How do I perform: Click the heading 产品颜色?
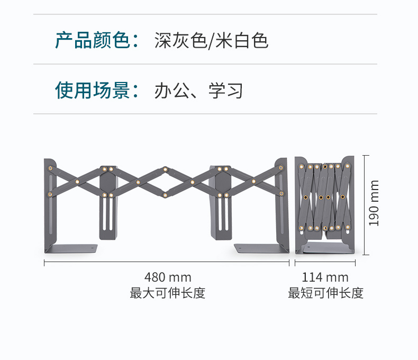(x=93, y=40)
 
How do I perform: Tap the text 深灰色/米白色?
(x=212, y=41)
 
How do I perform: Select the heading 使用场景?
(x=93, y=90)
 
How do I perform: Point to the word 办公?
(x=172, y=91)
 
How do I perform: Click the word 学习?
(x=226, y=91)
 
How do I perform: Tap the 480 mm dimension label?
(x=168, y=277)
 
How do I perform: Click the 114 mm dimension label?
(x=325, y=277)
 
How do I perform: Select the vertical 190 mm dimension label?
(x=374, y=203)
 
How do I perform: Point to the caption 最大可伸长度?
(x=168, y=293)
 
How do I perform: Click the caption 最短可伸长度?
(x=326, y=293)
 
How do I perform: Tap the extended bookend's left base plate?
(x=71, y=248)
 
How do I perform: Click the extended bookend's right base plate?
(x=261, y=248)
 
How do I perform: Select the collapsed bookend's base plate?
(x=325, y=248)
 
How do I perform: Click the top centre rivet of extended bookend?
(x=165, y=169)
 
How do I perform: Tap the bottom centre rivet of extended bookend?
(x=165, y=195)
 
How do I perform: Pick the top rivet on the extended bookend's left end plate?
(x=50, y=168)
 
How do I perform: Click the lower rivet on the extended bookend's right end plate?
(x=281, y=193)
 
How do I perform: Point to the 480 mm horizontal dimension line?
(x=167, y=262)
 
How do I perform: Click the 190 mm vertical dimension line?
(x=366, y=205)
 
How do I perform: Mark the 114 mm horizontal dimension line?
(x=325, y=262)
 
